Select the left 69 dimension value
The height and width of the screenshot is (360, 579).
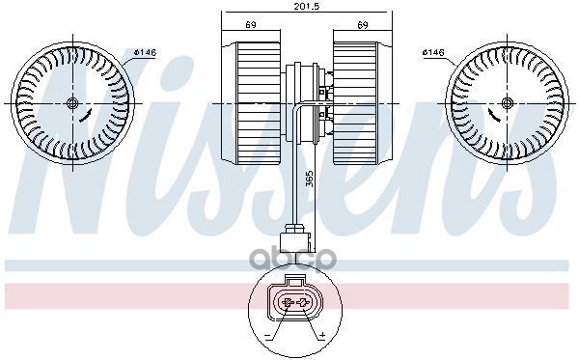[x=251, y=25]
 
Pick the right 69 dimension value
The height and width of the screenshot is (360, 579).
[x=363, y=25]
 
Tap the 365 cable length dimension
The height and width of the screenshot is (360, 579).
[x=310, y=179]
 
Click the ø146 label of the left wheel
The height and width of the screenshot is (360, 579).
[x=145, y=52]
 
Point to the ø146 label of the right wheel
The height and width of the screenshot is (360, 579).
[x=432, y=52]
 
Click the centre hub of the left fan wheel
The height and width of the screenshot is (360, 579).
[x=72, y=103]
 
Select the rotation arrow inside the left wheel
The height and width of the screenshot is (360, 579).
[x=85, y=116]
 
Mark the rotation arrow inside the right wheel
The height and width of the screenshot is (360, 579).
[x=494, y=116]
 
